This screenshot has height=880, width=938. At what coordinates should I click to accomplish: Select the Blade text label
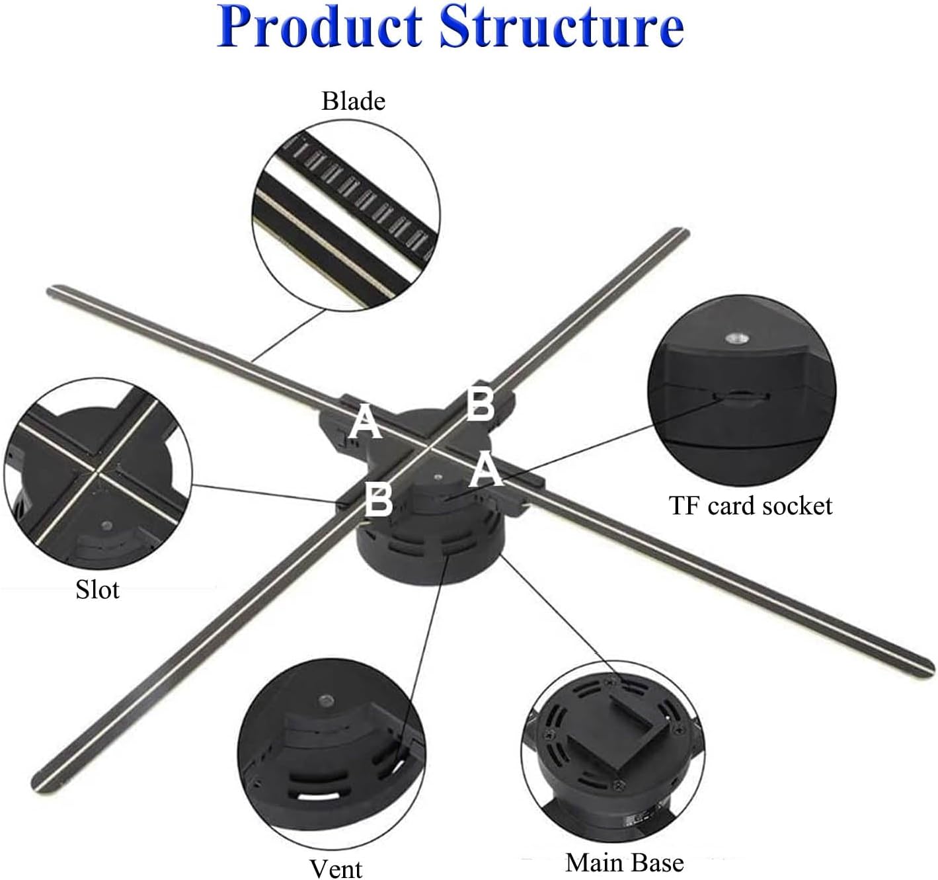point(353,101)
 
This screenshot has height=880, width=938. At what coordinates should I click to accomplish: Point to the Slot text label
point(98,588)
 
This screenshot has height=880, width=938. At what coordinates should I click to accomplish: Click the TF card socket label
point(750,506)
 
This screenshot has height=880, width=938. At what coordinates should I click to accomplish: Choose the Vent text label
point(336,867)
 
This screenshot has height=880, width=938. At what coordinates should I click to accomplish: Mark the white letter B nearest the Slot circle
point(379,500)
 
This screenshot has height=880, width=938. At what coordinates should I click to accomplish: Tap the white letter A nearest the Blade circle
point(365,422)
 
